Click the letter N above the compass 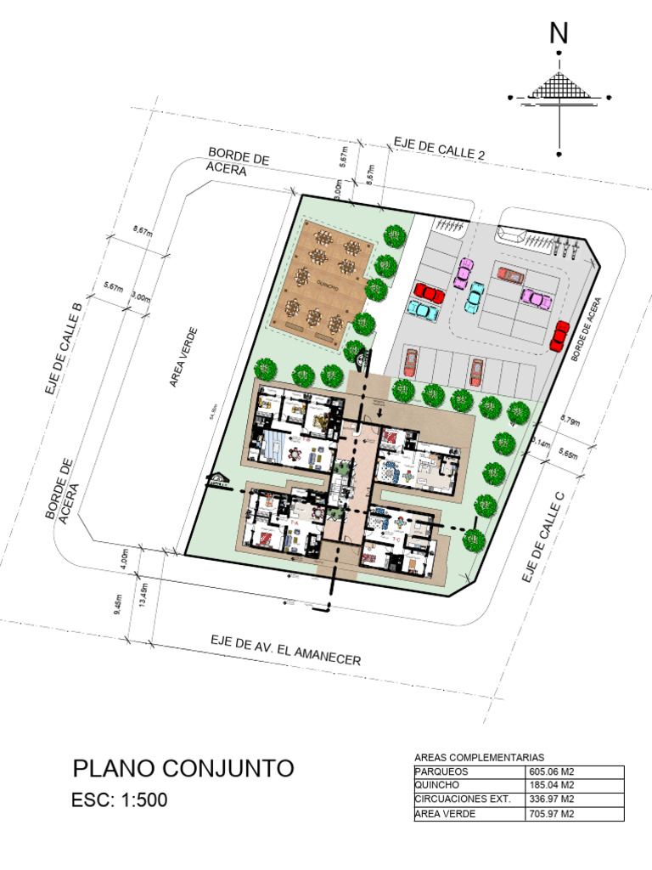tap(559, 33)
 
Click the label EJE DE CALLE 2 tap(439, 148)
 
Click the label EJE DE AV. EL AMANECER tap(286, 650)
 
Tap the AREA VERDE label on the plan tap(183, 357)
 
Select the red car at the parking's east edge tap(559, 336)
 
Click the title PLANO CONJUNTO tap(183, 769)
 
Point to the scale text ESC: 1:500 tap(121, 799)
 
